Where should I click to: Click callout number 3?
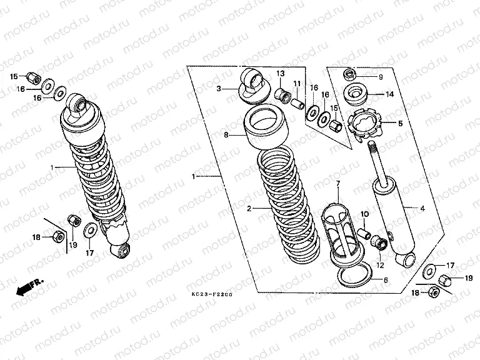point(219,89)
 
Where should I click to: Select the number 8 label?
point(227,134)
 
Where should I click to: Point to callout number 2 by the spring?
point(249,208)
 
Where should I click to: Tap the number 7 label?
point(337,183)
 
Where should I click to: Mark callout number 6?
point(386,281)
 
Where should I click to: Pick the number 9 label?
point(380,77)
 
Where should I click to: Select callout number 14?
point(389,95)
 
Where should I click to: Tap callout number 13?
point(281,73)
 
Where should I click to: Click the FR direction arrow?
point(25,288)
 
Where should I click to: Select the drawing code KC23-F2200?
point(212,293)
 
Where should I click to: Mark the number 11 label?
point(297,84)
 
